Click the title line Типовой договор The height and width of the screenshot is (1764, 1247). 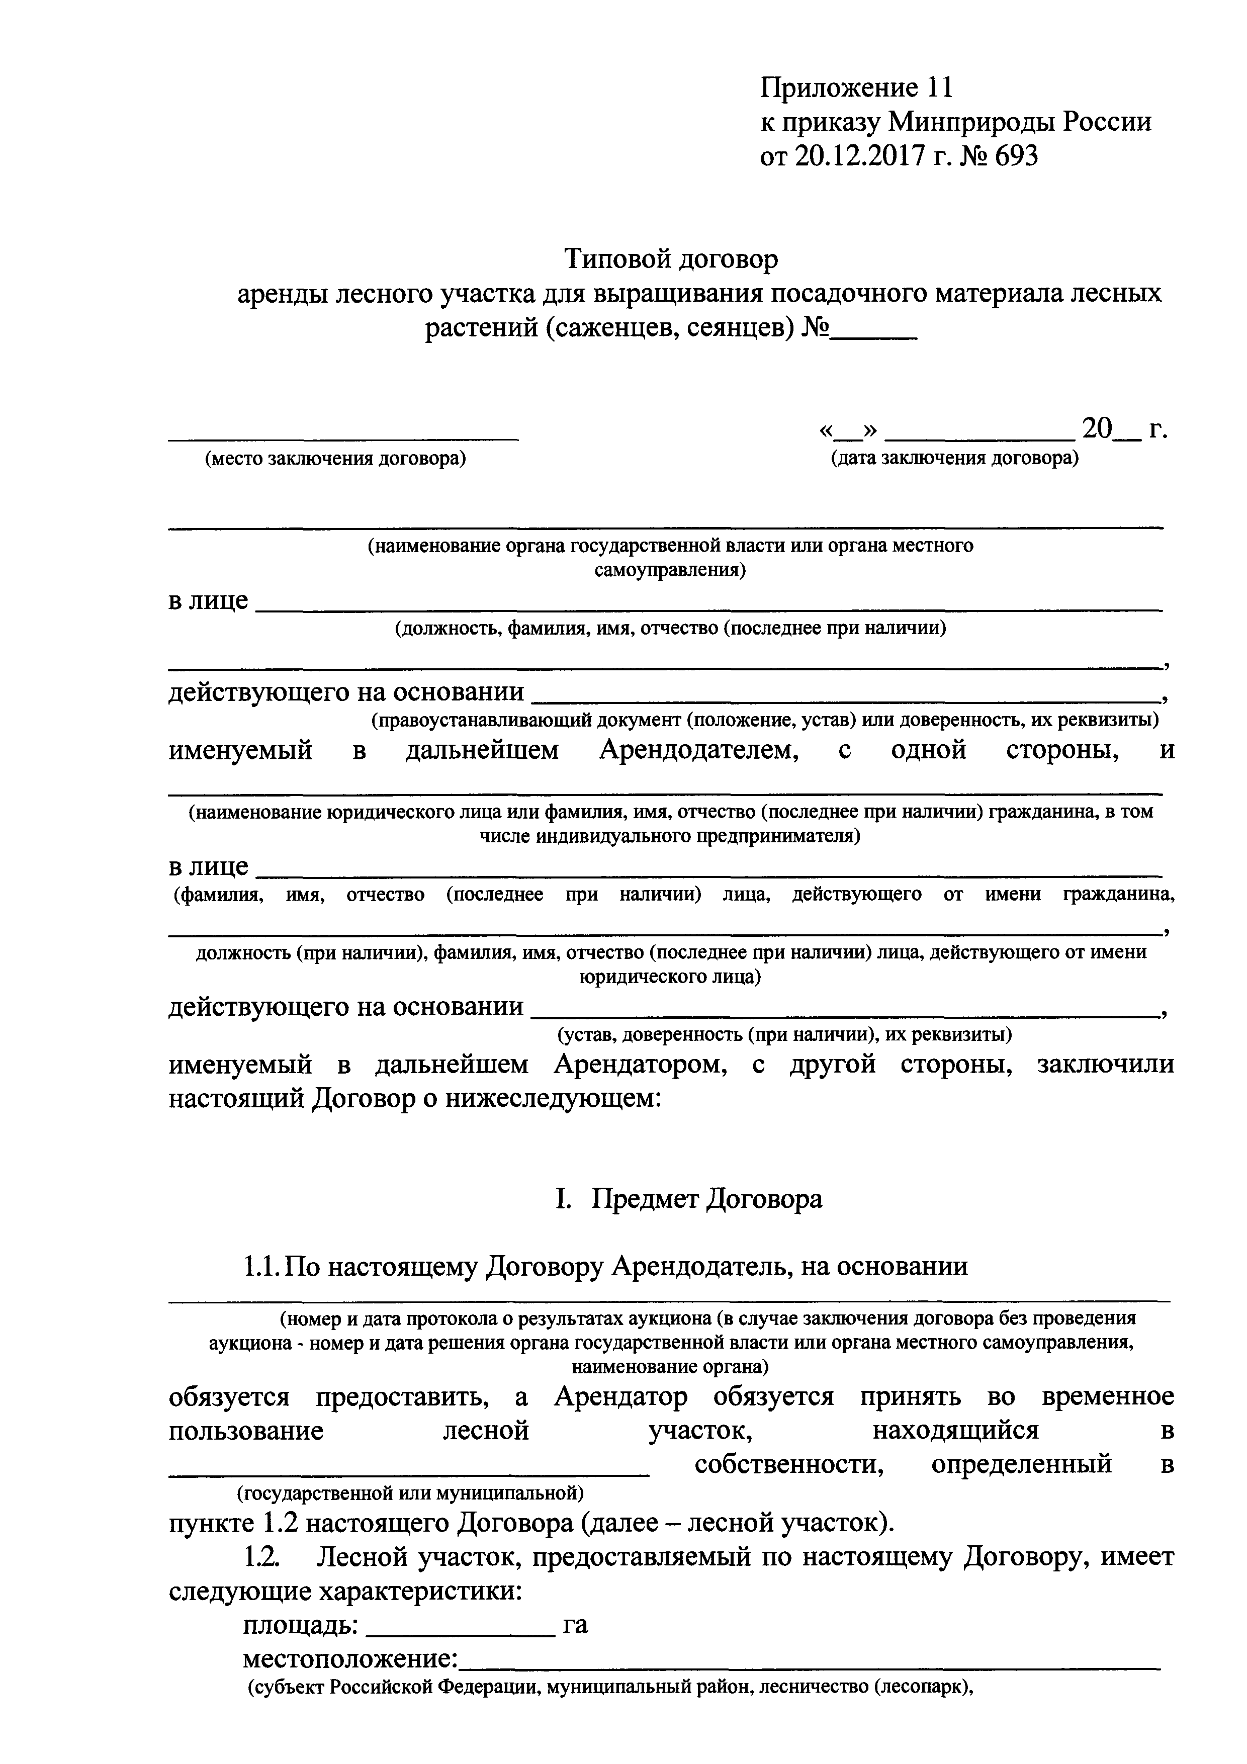pos(672,259)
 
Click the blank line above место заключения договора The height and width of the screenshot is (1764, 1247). pos(343,438)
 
